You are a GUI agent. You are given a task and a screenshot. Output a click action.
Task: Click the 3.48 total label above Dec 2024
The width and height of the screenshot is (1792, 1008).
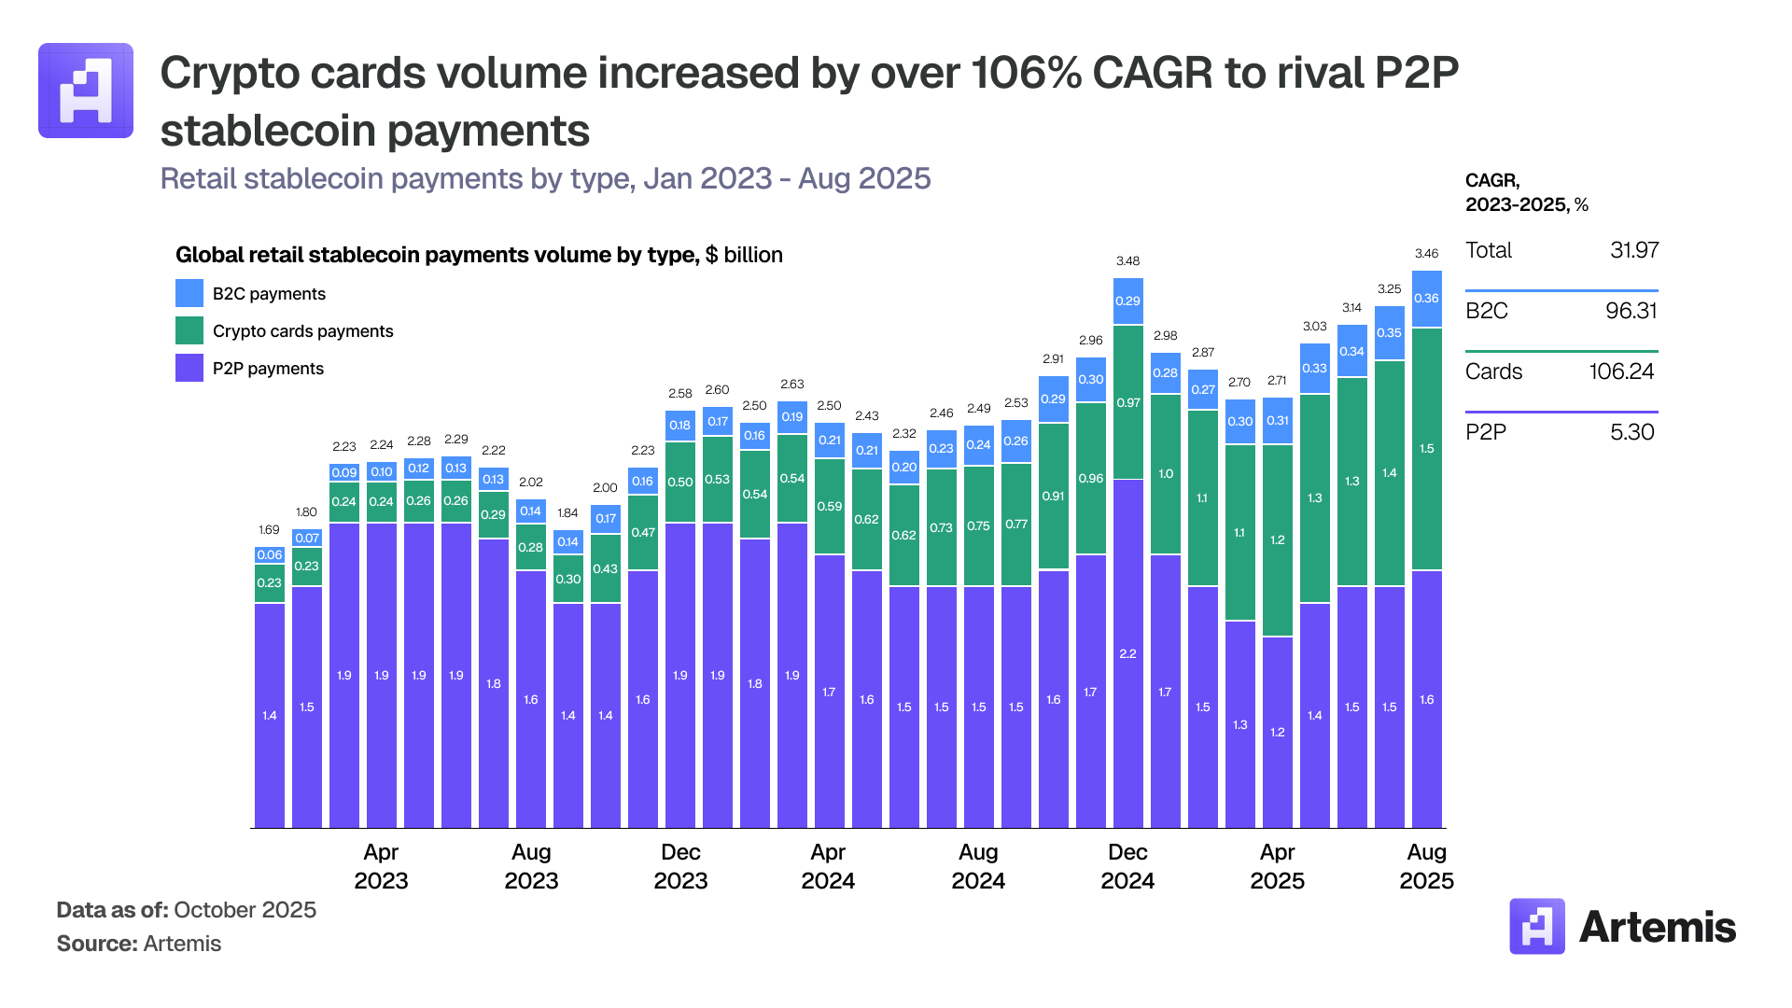[1127, 261]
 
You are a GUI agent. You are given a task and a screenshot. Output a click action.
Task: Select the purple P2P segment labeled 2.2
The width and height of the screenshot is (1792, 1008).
[1127, 653]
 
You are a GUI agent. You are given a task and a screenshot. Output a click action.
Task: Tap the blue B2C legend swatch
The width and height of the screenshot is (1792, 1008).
[189, 293]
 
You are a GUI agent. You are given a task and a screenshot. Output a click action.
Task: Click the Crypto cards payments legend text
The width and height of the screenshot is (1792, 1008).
[302, 331]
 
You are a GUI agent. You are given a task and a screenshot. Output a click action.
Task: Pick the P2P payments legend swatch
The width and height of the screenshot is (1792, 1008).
[189, 368]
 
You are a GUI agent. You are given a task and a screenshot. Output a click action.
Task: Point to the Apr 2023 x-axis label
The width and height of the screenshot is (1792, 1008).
[381, 866]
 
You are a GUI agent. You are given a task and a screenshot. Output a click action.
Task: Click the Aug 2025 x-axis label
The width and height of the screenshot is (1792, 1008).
[1426, 866]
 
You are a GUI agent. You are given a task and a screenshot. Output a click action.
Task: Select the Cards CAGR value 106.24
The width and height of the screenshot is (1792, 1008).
[1621, 371]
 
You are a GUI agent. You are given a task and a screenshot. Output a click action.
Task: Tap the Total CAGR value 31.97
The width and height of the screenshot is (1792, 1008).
[1633, 250]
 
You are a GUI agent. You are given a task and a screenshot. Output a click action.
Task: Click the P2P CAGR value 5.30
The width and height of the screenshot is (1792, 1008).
[1631, 432]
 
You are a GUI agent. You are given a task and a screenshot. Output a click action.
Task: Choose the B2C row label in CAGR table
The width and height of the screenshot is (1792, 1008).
[1487, 311]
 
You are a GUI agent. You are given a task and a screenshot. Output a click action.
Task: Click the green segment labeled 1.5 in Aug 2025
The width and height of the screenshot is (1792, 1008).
[1426, 449]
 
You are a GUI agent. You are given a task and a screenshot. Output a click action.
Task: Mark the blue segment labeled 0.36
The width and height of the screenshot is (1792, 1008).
[1426, 299]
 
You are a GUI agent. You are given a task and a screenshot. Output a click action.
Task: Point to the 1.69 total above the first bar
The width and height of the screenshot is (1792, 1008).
[269, 530]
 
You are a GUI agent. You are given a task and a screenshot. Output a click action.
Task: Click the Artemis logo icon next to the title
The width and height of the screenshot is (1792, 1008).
[86, 91]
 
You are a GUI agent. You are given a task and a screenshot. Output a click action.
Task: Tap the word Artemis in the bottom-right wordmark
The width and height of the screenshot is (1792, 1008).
[1657, 927]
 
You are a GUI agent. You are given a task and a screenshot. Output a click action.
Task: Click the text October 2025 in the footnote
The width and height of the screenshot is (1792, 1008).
[245, 910]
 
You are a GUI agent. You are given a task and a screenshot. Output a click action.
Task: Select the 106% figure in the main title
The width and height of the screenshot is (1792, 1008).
[1025, 73]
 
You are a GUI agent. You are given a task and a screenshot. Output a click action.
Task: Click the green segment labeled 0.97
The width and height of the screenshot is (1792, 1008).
[1127, 403]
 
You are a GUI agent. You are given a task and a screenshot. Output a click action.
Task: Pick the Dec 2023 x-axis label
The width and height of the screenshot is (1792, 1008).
[680, 866]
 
